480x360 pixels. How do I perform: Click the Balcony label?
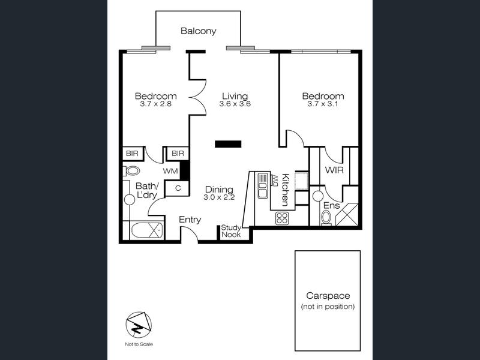pyautogui.click(x=199, y=31)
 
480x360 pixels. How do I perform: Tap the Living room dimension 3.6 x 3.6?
pyautogui.click(x=235, y=104)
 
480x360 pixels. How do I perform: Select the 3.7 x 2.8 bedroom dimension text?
pyautogui.click(x=155, y=104)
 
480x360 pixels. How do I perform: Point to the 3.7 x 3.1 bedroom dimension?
pyautogui.click(x=323, y=104)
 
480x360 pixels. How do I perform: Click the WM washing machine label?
pyautogui.click(x=170, y=171)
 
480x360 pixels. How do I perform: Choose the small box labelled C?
pyautogui.click(x=178, y=188)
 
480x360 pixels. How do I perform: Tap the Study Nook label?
pyautogui.click(x=231, y=231)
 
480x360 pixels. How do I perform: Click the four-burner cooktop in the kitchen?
pyautogui.click(x=281, y=218)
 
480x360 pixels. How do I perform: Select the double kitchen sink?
pyautogui.click(x=263, y=185)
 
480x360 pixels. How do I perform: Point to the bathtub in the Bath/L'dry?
pyautogui.click(x=146, y=230)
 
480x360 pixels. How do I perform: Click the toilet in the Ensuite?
pyautogui.click(x=326, y=217)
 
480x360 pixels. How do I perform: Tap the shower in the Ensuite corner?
pyautogui.click(x=347, y=214)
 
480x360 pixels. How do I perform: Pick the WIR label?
pyautogui.click(x=334, y=170)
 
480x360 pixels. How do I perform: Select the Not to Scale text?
pyautogui.click(x=139, y=344)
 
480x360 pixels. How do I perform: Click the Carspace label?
pyautogui.click(x=328, y=296)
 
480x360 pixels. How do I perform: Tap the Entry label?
pyautogui.click(x=190, y=220)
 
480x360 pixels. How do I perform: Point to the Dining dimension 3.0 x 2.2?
pyautogui.click(x=219, y=197)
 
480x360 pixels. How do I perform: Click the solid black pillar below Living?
pyautogui.click(x=228, y=144)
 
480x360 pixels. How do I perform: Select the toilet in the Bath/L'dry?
pyautogui.click(x=131, y=171)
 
